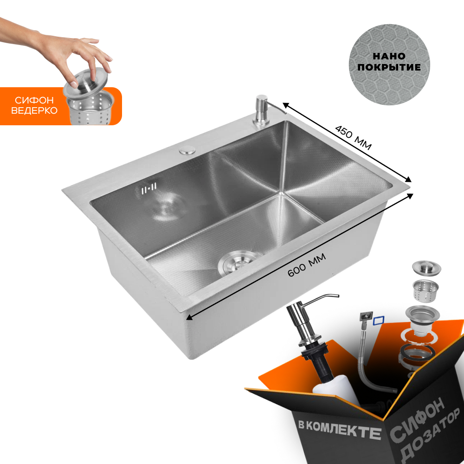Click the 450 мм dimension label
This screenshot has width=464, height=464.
point(353,138)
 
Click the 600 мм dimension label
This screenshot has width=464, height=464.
point(307,264)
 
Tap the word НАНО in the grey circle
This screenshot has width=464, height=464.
point(389,56)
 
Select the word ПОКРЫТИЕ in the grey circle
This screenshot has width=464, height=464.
point(389,67)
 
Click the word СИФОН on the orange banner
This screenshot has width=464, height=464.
point(34,100)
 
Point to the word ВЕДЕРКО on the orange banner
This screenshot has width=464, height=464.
point(34,111)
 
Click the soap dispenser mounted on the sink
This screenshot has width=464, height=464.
point(265,110)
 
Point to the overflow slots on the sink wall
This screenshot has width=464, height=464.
point(149,188)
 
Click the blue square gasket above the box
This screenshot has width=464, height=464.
point(379,321)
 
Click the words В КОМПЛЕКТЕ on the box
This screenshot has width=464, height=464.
point(339,428)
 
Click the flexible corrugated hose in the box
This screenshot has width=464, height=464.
point(370,358)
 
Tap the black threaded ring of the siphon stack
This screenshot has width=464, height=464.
point(417,353)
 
